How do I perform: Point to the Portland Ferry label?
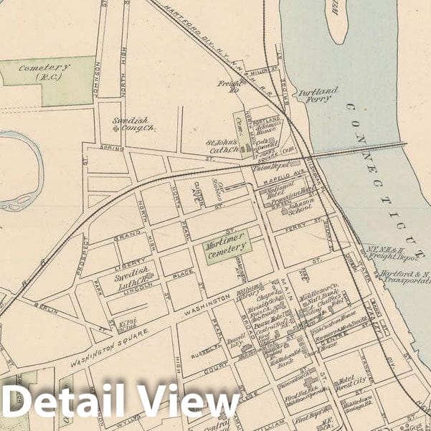click(318, 95)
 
